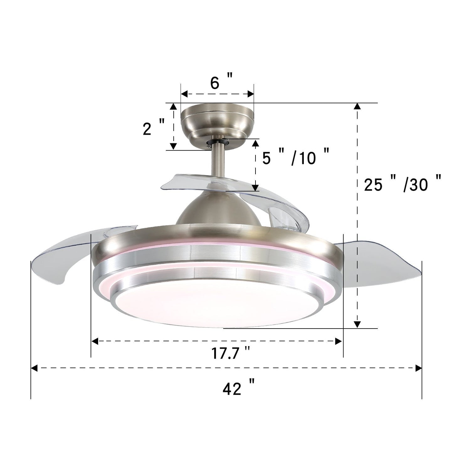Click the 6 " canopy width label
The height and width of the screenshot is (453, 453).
(221, 83)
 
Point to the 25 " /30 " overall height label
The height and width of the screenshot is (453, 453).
(403, 184)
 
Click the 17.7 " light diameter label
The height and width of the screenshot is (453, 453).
(230, 354)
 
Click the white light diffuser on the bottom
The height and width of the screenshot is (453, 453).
(216, 306)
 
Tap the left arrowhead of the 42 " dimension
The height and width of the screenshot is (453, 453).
(34, 368)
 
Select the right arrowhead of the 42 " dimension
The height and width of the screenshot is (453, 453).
(419, 368)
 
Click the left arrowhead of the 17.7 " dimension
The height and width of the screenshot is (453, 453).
(94, 341)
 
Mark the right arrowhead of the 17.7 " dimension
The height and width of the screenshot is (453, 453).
(339, 341)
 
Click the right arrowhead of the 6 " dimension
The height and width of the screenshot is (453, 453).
(250, 93)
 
